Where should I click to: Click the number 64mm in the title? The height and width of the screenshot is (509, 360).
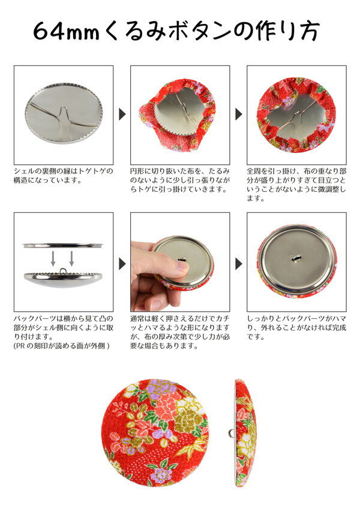click(66, 32)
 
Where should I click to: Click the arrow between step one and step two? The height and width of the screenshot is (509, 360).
click(122, 114)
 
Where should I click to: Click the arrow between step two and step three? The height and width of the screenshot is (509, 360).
click(239, 114)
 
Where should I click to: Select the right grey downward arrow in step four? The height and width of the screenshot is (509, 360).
click(72, 258)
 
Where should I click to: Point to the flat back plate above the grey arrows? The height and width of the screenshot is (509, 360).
click(63, 245)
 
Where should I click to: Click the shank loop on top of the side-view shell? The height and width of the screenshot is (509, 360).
click(63, 270)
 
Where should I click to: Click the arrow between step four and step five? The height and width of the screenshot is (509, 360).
click(122, 264)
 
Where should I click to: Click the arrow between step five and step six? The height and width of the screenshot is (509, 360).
click(239, 264)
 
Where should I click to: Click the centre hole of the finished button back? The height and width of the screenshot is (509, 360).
click(296, 259)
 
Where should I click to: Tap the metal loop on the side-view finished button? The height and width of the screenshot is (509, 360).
click(232, 433)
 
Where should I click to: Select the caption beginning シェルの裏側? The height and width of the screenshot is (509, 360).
click(64, 176)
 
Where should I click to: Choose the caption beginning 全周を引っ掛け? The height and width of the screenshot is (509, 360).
click(296, 185)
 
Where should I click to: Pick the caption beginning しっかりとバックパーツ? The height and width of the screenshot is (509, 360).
click(296, 327)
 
